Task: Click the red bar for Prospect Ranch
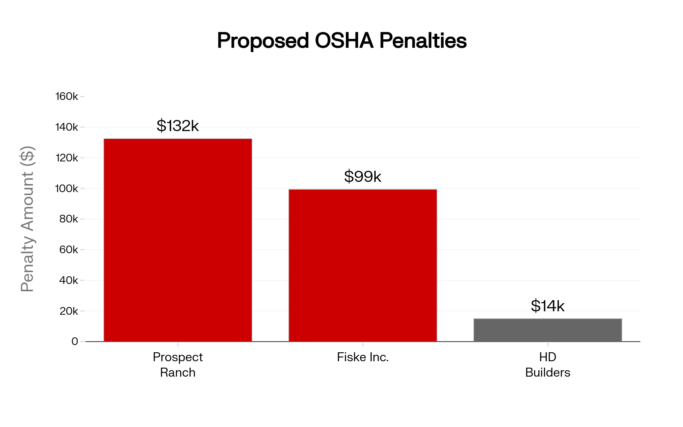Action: click(x=178, y=240)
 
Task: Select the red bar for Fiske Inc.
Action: click(x=362, y=265)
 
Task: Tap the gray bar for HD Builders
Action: click(x=548, y=330)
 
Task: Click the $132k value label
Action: click(x=178, y=126)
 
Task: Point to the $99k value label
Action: click(x=362, y=176)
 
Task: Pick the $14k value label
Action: click(x=548, y=306)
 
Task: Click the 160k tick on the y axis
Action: click(x=67, y=97)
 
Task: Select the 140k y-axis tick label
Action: click(x=67, y=127)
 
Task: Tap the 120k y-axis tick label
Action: click(x=67, y=158)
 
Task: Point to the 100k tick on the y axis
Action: click(x=67, y=188)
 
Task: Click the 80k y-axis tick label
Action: click(x=68, y=219)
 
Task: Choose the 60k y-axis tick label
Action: click(x=68, y=250)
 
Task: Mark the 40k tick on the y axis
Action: click(x=68, y=281)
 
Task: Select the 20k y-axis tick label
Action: click(x=68, y=311)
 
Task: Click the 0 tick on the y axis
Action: click(x=75, y=342)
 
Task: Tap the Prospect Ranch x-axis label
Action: click(x=178, y=365)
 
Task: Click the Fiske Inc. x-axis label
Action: click(x=362, y=357)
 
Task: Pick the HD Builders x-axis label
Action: click(x=548, y=365)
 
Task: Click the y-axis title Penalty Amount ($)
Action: click(x=27, y=219)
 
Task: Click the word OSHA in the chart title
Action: click(x=344, y=41)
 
